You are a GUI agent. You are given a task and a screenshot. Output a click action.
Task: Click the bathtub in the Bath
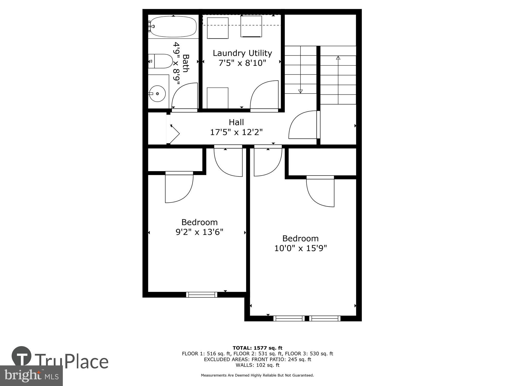pyautogui.click(x=173, y=27)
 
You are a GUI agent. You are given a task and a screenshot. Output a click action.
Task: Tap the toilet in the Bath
pyautogui.click(x=161, y=61)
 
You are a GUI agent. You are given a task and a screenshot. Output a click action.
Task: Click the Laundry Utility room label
pyautogui.click(x=242, y=53)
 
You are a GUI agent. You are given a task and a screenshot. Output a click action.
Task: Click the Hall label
pyautogui.click(x=236, y=122)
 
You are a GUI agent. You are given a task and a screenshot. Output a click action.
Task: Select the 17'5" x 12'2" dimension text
pyautogui.click(x=236, y=132)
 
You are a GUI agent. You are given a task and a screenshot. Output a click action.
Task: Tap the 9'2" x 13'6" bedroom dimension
pyautogui.click(x=199, y=232)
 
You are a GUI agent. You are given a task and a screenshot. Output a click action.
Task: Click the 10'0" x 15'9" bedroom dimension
pyautogui.click(x=301, y=248)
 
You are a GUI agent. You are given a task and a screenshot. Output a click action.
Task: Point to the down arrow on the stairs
pyautogui.click(x=300, y=91)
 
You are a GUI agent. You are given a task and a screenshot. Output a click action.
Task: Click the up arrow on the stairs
pyautogui.click(x=338, y=58)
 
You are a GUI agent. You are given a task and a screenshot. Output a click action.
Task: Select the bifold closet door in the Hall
pyautogui.click(x=174, y=133)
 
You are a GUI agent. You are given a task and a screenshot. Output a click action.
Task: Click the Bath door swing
pyautogui.click(x=184, y=97)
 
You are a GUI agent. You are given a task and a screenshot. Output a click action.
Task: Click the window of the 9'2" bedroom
pyautogui.click(x=202, y=295)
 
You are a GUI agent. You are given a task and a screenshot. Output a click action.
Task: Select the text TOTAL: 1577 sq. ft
pyautogui.click(x=257, y=348)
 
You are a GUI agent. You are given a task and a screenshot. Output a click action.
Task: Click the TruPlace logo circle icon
pyautogui.click(x=22, y=356)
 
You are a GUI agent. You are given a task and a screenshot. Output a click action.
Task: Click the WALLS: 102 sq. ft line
pyautogui.click(x=257, y=365)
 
